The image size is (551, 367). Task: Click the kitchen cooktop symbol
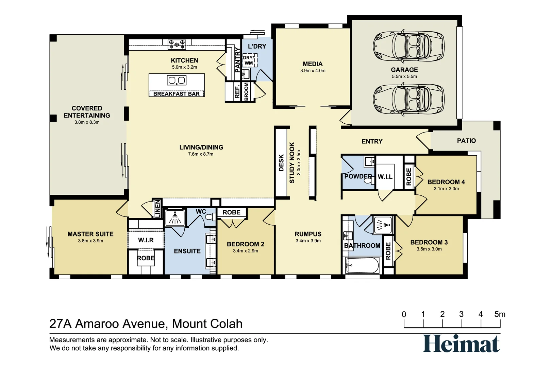click(177, 44)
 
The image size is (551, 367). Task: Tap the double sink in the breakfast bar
click(177, 81)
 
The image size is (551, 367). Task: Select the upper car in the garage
click(408, 47)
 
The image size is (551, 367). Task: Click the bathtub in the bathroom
click(362, 265)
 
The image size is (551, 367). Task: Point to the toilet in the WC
click(210, 217)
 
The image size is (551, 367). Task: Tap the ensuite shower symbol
click(175, 217)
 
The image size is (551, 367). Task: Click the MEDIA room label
click(313, 64)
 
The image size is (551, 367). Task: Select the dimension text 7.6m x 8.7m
click(201, 154)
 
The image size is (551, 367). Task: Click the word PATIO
click(466, 141)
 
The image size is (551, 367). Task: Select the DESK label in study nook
click(281, 163)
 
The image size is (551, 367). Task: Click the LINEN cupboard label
click(157, 209)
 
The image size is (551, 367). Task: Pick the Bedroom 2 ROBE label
click(231, 212)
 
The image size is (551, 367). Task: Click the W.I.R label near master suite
click(146, 240)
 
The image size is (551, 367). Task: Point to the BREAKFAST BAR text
click(176, 94)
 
